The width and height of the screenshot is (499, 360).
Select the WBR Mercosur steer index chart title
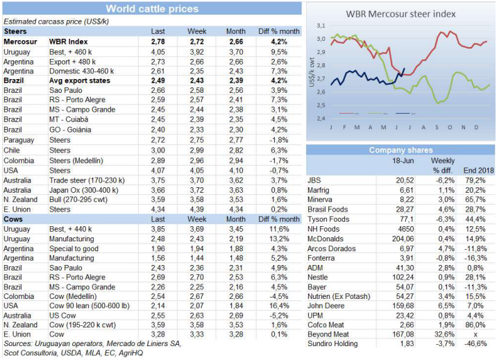(x=400, y=13)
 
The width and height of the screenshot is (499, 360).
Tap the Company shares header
(x=400, y=150)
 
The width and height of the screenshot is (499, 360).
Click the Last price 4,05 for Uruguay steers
(x=158, y=52)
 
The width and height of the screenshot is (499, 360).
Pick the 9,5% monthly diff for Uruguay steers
(x=279, y=52)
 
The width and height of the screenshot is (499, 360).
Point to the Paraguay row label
(x=18, y=139)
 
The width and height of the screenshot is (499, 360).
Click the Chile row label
(x=13, y=149)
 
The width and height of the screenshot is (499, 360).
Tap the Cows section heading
(x=15, y=218)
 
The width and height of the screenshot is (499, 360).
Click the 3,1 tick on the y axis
(x=321, y=26)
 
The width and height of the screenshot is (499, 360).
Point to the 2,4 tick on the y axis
(x=321, y=119)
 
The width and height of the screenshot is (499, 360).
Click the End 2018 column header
(x=476, y=170)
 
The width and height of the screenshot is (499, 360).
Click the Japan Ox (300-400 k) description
(x=84, y=188)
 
